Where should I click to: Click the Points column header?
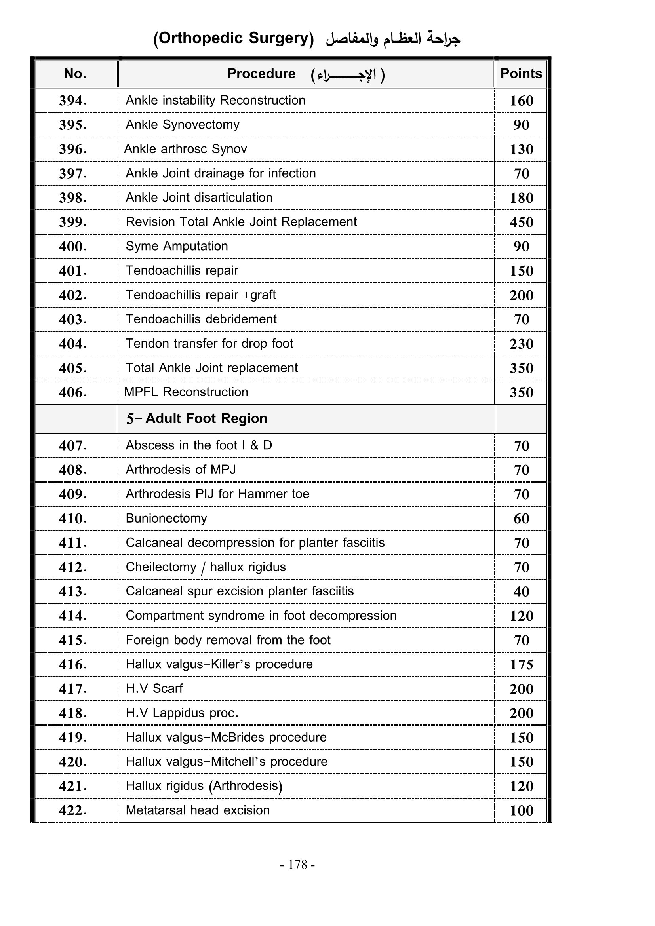tap(521, 74)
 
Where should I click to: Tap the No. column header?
tap(75, 74)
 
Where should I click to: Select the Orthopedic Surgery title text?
tap(234, 38)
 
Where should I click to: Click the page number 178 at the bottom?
tap(298, 864)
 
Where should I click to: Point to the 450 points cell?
tap(521, 222)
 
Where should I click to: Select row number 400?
tap(72, 246)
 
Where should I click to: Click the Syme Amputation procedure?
tap(177, 246)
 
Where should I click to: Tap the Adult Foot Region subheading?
tap(196, 418)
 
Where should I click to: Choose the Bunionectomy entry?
tap(166, 518)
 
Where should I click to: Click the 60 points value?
tap(521, 519)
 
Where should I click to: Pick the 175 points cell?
tap(521, 665)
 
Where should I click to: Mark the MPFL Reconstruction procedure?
tap(186, 392)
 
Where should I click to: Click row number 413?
tap(72, 591)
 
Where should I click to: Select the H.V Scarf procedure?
tap(154, 688)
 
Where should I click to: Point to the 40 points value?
tap(521, 591)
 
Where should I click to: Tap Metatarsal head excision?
tap(198, 810)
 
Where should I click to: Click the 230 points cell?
tap(521, 344)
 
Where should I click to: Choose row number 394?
tap(72, 101)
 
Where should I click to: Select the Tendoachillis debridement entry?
tap(201, 319)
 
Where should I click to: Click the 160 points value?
tap(521, 101)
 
